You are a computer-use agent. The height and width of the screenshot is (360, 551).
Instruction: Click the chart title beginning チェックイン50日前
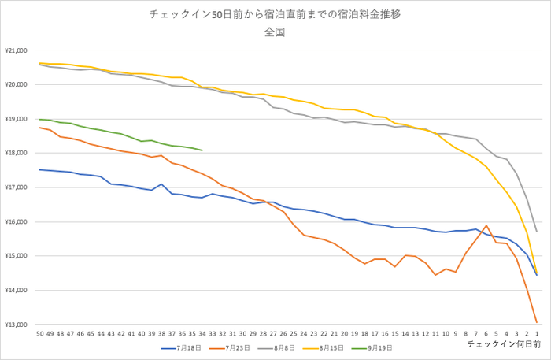point(275,14)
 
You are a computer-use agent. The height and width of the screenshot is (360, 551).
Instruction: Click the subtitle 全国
point(275,33)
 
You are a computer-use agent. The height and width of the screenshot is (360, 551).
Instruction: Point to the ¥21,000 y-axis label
point(17,50)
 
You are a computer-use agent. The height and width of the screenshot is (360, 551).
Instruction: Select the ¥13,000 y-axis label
point(17,325)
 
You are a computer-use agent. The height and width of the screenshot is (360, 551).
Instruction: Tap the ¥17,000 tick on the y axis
point(17,187)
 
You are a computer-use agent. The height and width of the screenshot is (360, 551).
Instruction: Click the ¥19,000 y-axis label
point(17,119)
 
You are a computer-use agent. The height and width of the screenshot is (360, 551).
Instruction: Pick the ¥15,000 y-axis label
point(17,256)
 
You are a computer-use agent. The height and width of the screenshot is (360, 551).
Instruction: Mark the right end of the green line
point(202,150)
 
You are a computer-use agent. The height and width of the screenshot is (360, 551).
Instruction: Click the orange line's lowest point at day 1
point(537,322)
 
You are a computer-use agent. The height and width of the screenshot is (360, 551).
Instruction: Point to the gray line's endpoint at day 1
point(537,232)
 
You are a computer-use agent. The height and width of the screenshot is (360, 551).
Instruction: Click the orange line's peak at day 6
point(486,225)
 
